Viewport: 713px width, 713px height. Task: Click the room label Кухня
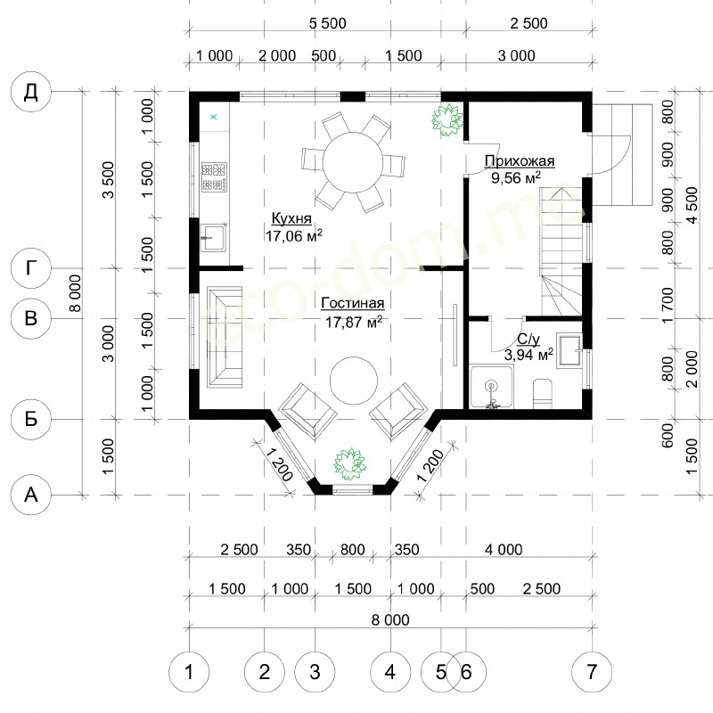point(291,218)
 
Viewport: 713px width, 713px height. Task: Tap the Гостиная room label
point(353,303)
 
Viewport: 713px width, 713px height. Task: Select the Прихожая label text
point(520,161)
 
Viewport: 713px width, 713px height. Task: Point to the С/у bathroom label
point(529,340)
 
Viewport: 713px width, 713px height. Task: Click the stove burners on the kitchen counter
point(214,176)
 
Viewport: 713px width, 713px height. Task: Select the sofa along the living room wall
point(225,337)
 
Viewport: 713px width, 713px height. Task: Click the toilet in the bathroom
point(542,393)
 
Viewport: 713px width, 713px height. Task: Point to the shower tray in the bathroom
point(492,386)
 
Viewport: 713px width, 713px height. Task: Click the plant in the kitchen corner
point(447,119)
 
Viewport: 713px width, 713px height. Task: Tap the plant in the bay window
point(350,463)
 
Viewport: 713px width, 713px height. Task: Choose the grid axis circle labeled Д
point(30,92)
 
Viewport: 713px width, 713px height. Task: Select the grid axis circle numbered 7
point(592,672)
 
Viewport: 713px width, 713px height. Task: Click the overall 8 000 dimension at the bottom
point(390,619)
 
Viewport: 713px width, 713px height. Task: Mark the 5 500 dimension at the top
point(327,23)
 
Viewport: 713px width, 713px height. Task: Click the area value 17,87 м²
point(353,322)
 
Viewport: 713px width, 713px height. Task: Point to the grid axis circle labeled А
point(30,495)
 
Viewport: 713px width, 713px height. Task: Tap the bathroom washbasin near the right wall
point(570,350)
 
